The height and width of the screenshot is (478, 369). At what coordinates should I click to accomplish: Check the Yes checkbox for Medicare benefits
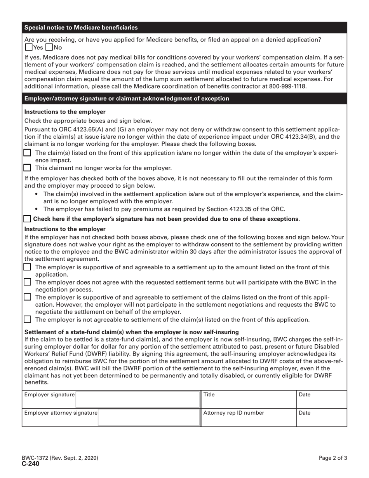click(28, 48)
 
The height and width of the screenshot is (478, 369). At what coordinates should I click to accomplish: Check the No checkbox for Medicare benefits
click(49, 48)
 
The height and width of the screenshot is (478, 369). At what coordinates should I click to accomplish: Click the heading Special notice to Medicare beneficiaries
click(81, 28)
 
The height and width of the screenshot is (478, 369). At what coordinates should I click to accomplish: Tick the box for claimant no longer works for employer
click(27, 168)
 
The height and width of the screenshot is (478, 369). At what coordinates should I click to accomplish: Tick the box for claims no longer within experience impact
click(27, 153)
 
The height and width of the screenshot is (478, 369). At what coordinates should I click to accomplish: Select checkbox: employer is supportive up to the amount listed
click(27, 267)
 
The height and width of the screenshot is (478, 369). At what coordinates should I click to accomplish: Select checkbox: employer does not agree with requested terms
click(27, 282)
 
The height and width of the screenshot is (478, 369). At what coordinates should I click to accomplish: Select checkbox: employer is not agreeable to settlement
click(27, 319)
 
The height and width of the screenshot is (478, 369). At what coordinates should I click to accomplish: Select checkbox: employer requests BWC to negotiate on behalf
click(27, 297)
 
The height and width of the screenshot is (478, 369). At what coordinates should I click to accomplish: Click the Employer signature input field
click(137, 399)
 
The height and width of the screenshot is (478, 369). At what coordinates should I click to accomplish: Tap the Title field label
click(209, 395)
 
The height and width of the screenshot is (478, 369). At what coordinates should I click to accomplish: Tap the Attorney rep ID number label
click(234, 413)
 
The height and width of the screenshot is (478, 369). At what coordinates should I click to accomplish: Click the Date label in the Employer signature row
click(305, 395)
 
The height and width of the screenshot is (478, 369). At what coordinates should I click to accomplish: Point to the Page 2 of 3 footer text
click(333, 458)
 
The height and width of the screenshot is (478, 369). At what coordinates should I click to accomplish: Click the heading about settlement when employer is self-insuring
click(131, 332)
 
